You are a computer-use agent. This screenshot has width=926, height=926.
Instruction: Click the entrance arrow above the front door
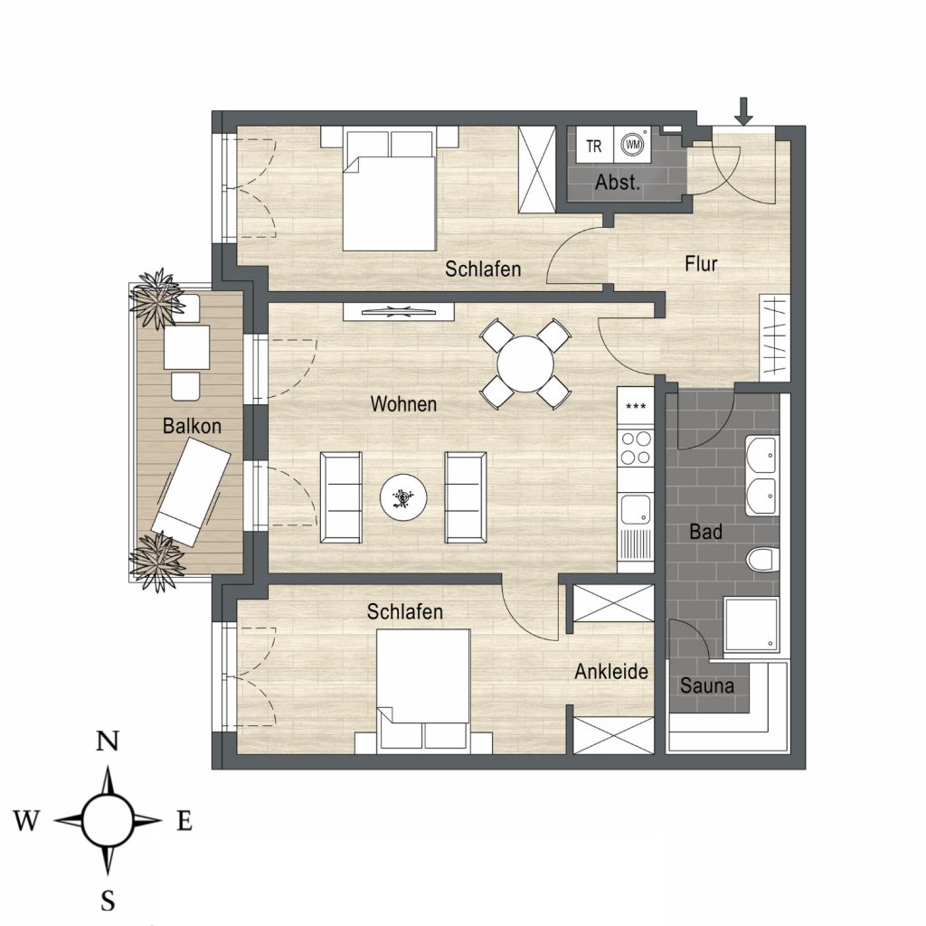click(744, 111)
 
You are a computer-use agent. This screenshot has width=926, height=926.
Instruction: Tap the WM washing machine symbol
click(632, 145)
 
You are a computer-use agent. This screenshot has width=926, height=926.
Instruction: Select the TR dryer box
click(594, 145)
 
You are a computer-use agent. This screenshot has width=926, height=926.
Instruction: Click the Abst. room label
click(618, 183)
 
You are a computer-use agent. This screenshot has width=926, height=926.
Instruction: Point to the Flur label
click(701, 263)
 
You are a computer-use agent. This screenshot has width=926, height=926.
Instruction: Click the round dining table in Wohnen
click(525, 364)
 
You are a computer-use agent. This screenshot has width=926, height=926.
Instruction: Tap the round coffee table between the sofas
click(403, 497)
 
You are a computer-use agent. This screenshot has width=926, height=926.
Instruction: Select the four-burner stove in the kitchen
click(636, 448)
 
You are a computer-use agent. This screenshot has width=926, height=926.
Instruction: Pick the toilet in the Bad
click(762, 559)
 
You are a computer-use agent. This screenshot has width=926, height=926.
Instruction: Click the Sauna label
click(707, 685)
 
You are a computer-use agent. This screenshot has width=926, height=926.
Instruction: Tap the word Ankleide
click(611, 672)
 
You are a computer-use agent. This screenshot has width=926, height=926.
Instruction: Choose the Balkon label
click(192, 426)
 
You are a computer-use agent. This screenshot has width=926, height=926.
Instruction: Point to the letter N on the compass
click(108, 741)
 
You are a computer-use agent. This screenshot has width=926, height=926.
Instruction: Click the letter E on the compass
click(184, 820)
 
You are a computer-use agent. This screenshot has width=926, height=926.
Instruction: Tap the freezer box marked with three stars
click(636, 407)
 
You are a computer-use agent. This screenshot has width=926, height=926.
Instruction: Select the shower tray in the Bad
click(751, 624)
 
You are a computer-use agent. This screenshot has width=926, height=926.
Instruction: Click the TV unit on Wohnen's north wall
click(399, 312)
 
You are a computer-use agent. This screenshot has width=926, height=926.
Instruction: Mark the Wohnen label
click(403, 404)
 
